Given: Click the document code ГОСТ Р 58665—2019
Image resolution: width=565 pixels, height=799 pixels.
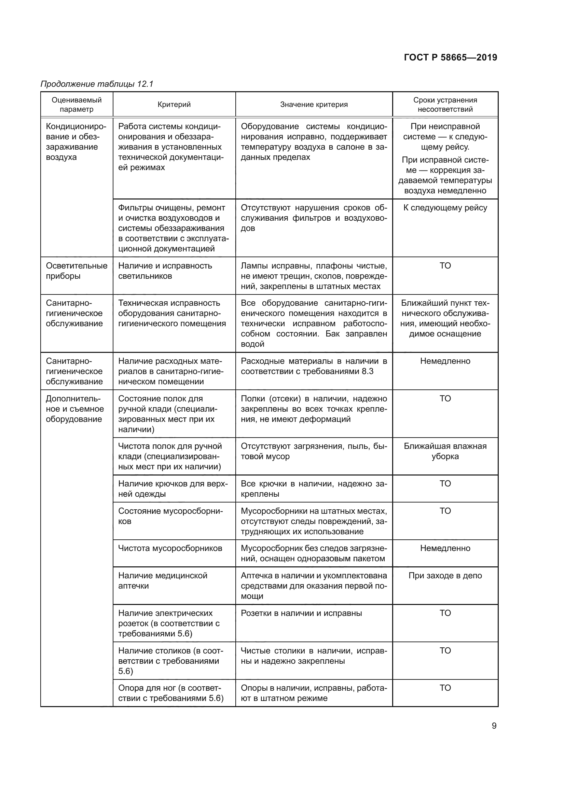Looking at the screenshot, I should [x=451, y=57].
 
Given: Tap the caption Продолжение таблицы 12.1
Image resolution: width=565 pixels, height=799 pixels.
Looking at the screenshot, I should [x=97, y=84].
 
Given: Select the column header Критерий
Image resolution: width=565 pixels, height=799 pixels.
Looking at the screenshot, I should [x=174, y=105].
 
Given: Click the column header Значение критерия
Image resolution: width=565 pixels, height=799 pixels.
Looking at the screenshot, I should [x=314, y=105].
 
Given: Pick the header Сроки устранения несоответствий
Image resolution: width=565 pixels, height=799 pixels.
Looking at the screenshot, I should [x=445, y=105].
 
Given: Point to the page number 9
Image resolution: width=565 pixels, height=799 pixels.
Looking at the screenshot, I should [x=494, y=726].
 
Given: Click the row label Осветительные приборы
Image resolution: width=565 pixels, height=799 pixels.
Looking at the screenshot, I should [x=77, y=271].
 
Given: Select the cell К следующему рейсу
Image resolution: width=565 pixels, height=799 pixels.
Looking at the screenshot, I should [x=445, y=208].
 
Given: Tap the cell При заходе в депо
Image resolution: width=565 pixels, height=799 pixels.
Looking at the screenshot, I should [x=445, y=575].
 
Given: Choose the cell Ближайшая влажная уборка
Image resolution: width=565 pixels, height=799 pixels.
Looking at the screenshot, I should [x=445, y=451].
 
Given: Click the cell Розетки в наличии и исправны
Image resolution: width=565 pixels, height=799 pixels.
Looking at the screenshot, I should [x=301, y=613].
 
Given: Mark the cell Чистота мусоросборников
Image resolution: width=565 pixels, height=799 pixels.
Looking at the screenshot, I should [x=170, y=548].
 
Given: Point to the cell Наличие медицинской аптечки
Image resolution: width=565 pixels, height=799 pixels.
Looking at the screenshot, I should [x=163, y=580].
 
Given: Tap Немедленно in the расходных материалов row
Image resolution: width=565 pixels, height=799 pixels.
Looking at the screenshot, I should [x=445, y=361].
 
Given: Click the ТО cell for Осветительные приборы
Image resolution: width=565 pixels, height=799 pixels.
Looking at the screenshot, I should [x=445, y=265].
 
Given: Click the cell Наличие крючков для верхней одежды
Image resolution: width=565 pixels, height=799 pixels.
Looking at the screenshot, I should [x=173, y=488].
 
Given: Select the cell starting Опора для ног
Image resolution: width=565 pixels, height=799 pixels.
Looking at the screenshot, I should [x=170, y=693].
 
